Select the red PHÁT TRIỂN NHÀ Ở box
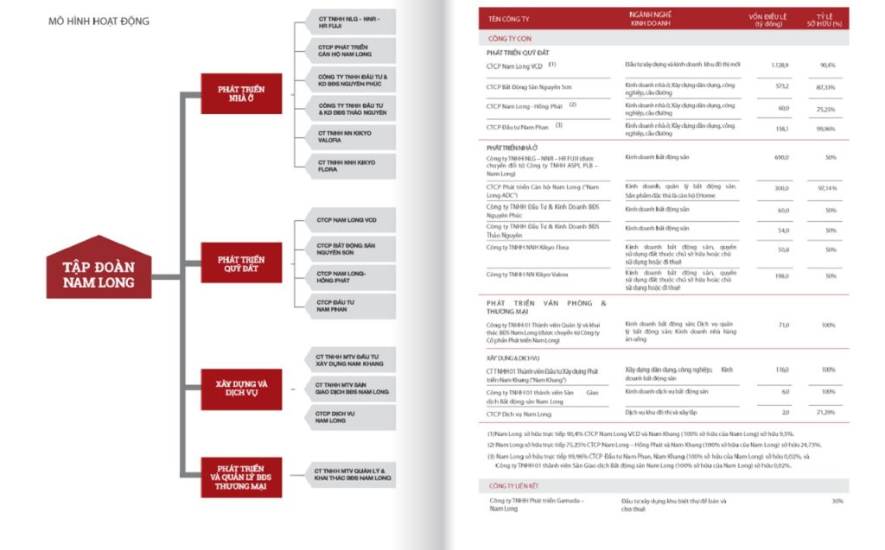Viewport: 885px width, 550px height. point(241,93)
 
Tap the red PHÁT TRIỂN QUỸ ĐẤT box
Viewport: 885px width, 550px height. point(241,263)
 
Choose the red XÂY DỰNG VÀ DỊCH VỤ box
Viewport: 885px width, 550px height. point(241,388)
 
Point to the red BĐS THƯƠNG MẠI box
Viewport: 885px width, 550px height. point(241,477)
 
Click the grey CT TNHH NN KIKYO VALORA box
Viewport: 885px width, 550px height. point(345,136)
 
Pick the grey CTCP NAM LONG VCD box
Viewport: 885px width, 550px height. point(345,221)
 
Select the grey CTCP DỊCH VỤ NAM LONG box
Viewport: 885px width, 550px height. point(345,417)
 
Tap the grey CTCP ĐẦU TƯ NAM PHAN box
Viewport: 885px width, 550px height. point(345,304)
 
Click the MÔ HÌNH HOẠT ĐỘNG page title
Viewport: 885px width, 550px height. point(99,21)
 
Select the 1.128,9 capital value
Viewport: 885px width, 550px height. point(781,65)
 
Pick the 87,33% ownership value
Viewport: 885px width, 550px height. point(825,87)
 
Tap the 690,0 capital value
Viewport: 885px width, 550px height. point(781,158)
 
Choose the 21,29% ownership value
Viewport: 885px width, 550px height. point(825,414)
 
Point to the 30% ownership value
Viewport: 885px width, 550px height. point(837,501)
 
